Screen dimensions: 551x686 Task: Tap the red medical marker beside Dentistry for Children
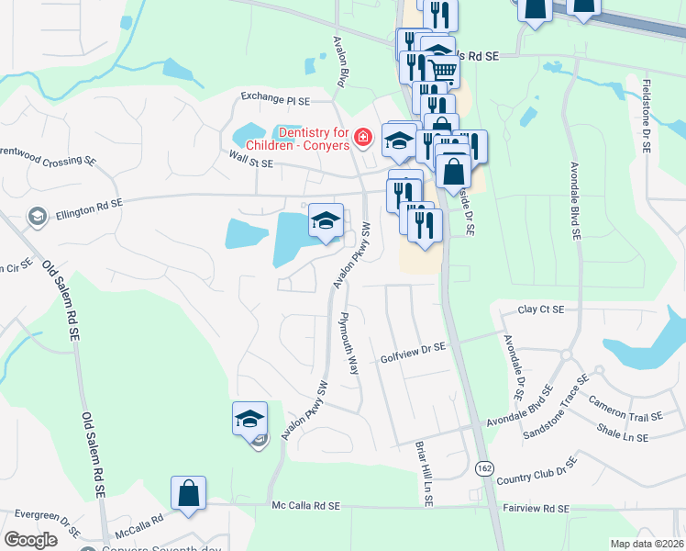363,139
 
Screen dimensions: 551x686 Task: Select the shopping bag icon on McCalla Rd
188,492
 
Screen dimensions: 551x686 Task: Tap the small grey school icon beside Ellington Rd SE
38,216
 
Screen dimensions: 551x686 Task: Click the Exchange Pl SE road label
276,96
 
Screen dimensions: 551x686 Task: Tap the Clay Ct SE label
541,310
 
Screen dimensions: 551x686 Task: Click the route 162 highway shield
484,467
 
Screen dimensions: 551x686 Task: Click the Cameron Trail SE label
626,409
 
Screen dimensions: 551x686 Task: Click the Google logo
30,540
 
